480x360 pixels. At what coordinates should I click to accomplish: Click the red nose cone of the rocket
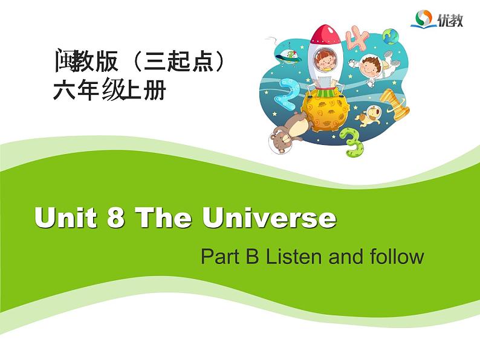325,34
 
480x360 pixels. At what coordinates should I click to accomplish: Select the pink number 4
357,37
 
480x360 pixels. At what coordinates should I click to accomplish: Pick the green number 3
351,142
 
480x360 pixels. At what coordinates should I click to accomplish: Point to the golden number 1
395,104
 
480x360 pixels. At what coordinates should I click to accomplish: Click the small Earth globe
391,36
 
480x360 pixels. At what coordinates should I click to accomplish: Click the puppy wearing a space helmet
369,115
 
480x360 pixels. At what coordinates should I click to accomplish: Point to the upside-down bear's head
281,141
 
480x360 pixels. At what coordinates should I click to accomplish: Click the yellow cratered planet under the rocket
325,111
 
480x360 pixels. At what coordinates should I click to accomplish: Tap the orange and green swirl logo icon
423,18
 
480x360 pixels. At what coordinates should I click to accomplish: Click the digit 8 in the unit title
115,217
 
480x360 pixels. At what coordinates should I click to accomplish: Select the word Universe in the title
269,217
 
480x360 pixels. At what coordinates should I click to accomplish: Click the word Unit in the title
65,217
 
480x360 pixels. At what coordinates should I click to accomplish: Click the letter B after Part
253,256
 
